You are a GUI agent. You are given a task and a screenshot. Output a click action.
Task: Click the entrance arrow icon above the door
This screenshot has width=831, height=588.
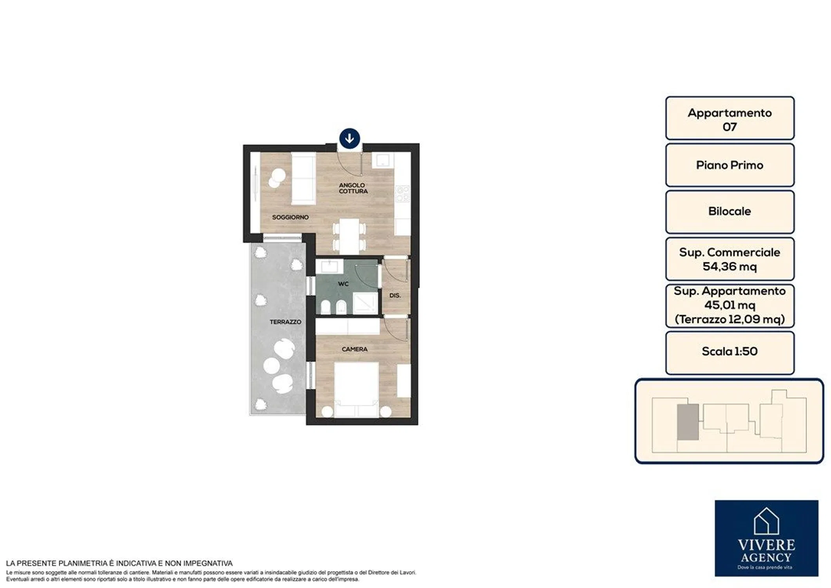[349, 138]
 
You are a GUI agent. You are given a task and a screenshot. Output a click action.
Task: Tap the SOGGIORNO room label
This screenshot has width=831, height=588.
[290, 217]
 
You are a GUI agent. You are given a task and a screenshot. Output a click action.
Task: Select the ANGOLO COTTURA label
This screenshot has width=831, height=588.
[353, 188]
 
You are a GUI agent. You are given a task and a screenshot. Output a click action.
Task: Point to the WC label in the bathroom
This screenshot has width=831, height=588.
[343, 284]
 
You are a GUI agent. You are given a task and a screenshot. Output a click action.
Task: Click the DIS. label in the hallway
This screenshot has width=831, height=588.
[395, 296]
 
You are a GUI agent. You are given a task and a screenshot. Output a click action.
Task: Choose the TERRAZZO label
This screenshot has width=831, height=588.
[285, 322]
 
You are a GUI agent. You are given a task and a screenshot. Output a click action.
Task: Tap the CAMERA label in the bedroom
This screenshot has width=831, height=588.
[355, 349]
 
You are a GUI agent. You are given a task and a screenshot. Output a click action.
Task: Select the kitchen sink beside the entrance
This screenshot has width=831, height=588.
[383, 160]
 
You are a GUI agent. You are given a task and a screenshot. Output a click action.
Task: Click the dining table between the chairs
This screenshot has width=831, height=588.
[349, 236]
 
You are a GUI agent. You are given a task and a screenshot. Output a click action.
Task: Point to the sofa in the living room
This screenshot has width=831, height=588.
[304, 179]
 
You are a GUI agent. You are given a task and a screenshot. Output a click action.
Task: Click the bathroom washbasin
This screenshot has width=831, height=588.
[330, 267]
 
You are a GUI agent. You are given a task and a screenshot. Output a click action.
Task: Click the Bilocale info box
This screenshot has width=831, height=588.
[730, 212]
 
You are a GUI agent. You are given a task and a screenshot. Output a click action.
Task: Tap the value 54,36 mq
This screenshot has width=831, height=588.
[730, 267]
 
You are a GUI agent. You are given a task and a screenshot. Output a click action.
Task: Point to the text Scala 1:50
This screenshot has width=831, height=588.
[730, 351]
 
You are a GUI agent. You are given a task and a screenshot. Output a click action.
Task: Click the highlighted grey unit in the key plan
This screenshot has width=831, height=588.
[688, 422]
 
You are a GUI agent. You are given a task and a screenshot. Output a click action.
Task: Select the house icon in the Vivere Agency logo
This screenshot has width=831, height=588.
[766, 521]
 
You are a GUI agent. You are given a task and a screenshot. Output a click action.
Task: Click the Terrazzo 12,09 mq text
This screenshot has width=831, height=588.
[730, 319]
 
